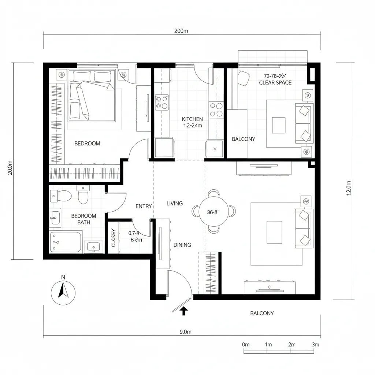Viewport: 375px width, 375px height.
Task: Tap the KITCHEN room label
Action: (x=192, y=119)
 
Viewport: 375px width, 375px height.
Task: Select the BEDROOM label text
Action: (x=87, y=144)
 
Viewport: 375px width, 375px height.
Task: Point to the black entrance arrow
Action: (x=184, y=311)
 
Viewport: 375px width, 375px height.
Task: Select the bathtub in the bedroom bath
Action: (x=66, y=242)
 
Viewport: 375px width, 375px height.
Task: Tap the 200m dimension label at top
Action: (x=181, y=31)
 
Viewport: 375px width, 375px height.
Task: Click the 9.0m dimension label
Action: (x=186, y=332)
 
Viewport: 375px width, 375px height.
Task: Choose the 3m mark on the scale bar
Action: (x=315, y=345)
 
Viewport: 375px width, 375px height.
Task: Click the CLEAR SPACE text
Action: (x=275, y=83)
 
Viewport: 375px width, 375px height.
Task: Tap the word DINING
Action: (x=182, y=245)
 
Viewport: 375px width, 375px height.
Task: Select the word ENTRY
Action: (x=144, y=206)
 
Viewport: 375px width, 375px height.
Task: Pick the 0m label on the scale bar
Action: (x=246, y=345)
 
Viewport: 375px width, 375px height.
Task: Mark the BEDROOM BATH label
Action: (x=83, y=219)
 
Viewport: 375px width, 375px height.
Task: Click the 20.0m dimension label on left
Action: (x=10, y=168)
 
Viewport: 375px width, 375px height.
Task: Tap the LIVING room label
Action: (x=175, y=203)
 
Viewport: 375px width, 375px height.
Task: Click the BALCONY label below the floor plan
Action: (x=262, y=313)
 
